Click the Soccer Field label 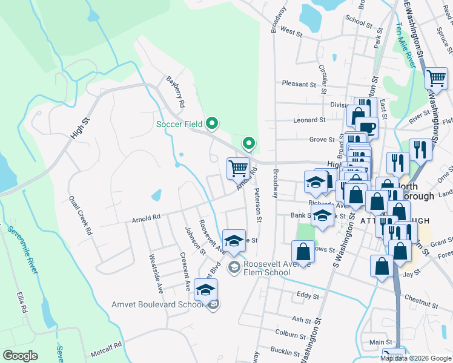coord(179,124)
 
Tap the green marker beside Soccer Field coord(211,124)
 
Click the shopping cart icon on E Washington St coord(436,79)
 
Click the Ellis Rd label coord(23,301)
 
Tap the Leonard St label coord(309,120)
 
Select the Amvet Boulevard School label coord(157,304)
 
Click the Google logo coord(21,356)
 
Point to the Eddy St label coord(308,295)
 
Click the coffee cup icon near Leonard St coord(368,129)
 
